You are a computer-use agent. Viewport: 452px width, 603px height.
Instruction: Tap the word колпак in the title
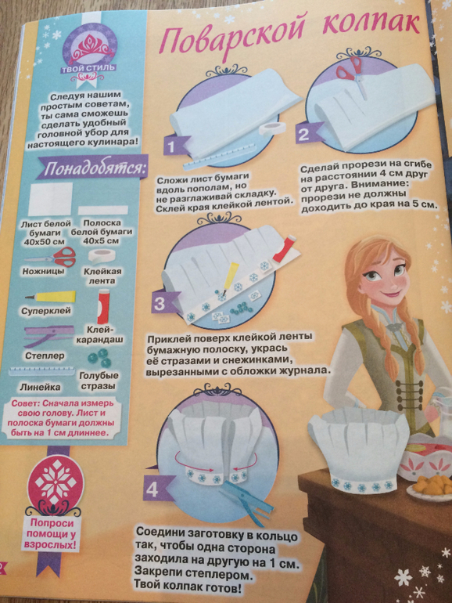(x=371, y=23)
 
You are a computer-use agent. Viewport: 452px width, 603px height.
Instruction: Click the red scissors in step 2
(x=351, y=73)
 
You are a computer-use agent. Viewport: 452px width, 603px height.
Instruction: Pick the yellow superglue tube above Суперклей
(x=50, y=297)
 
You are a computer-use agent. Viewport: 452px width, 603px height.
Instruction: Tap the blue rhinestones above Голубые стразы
(x=100, y=358)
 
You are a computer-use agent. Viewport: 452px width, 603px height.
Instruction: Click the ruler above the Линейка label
(x=42, y=372)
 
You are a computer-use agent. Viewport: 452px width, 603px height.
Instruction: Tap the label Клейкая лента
(x=102, y=276)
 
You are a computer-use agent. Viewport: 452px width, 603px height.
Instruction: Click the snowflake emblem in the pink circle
(x=56, y=483)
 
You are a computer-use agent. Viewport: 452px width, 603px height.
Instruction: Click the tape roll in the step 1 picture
(x=271, y=129)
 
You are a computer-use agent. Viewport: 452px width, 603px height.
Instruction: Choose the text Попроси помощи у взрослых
(x=51, y=534)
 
